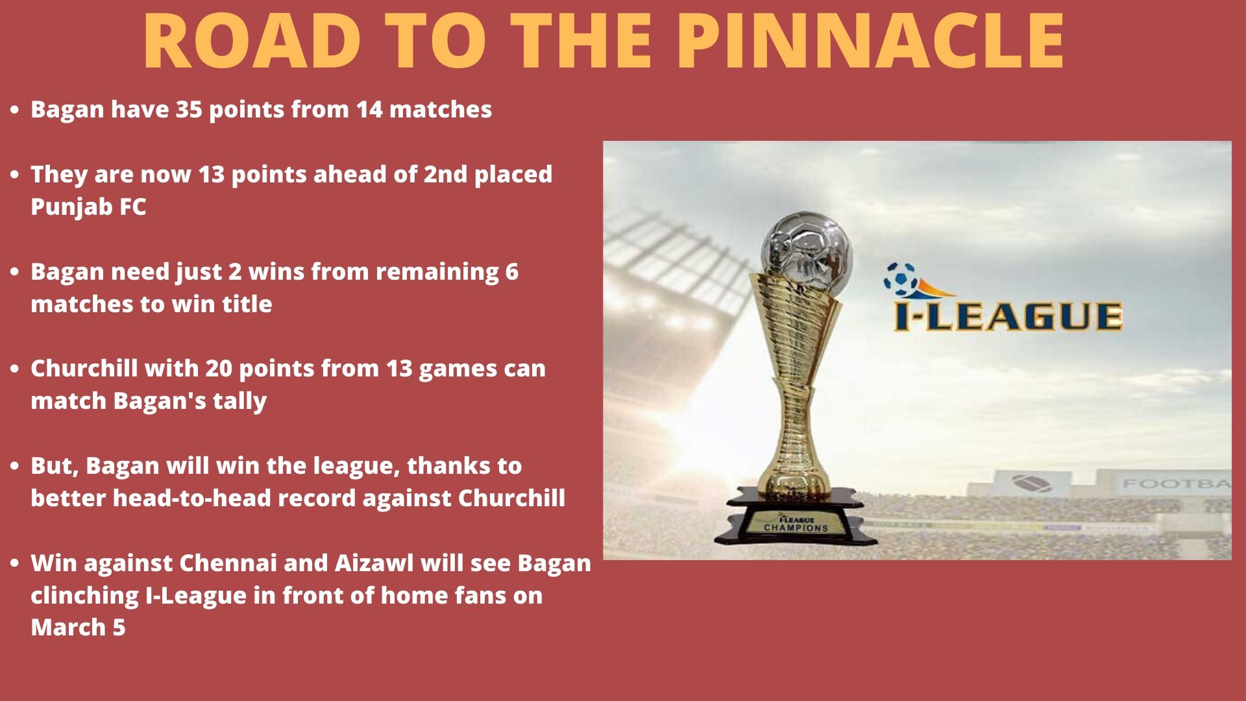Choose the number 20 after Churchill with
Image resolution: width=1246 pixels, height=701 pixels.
[219, 369]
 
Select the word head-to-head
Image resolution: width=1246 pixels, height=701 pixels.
[234, 498]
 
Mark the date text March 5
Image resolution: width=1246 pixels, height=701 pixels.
[78, 628]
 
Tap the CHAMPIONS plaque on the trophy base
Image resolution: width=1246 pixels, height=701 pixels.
[796, 524]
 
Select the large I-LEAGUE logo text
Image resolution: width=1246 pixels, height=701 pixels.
[1008, 316]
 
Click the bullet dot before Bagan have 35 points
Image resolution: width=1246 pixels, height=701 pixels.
[15, 110]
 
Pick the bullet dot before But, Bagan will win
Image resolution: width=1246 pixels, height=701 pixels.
[15, 467]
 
